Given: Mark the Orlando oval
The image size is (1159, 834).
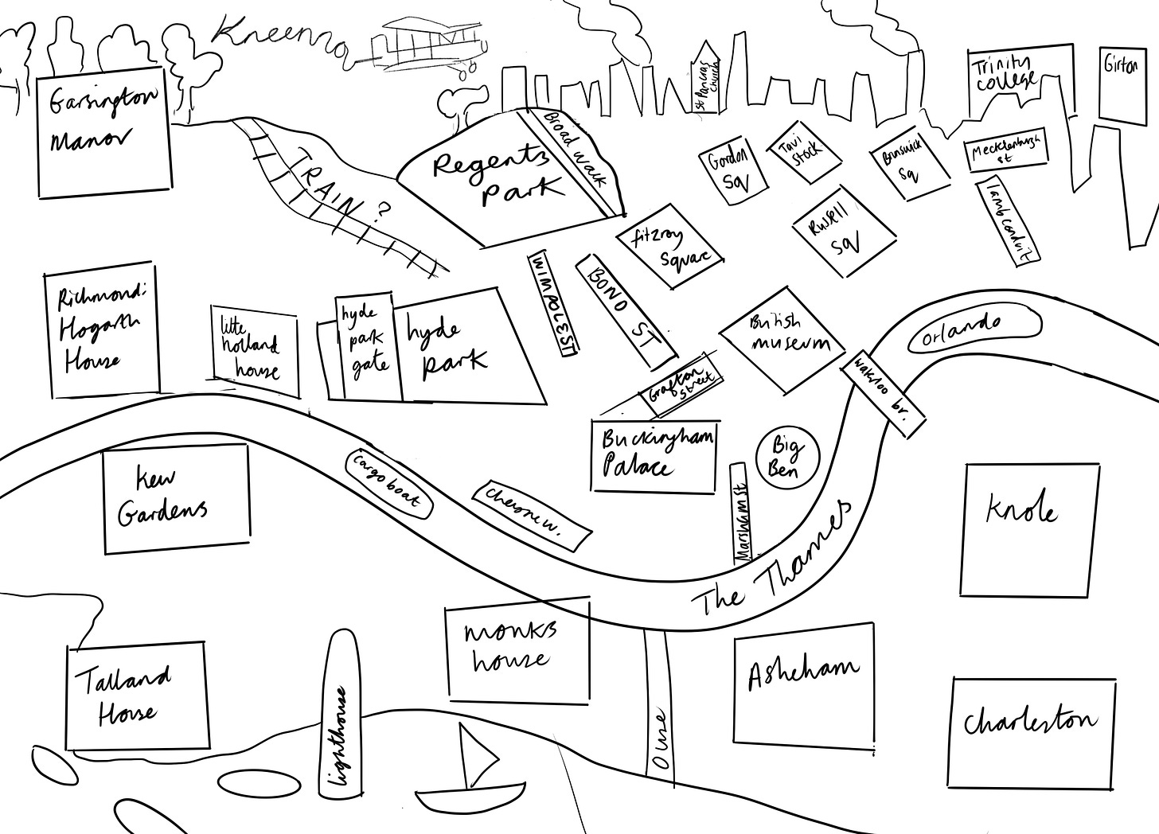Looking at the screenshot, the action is [x=974, y=329].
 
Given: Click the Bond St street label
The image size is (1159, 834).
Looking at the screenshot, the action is [x=626, y=310].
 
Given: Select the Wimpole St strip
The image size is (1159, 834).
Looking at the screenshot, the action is [x=554, y=304].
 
